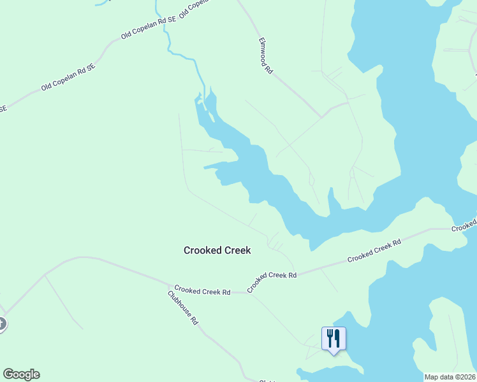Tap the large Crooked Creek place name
click(217, 250)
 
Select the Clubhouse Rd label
click(184, 308)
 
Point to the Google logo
click(21, 374)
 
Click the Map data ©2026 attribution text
click(450, 377)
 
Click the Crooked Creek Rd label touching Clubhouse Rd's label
click(202, 292)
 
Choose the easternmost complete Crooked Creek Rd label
click(374, 251)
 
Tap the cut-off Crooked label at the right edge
click(464, 226)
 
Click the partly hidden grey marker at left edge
click(2, 324)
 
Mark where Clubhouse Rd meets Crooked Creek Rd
click(172, 286)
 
